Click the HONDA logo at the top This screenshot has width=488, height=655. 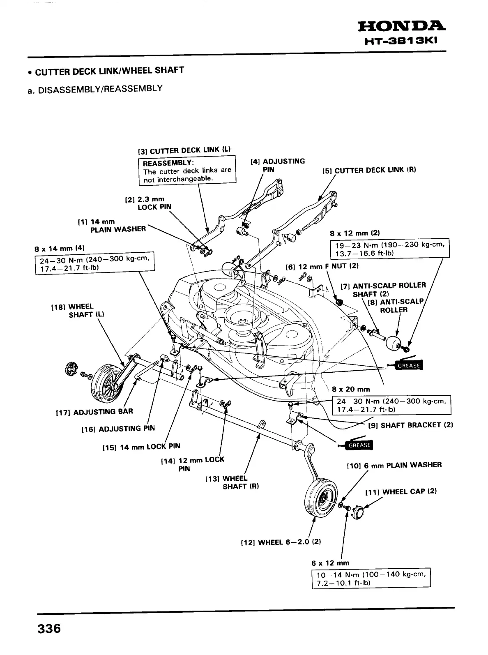403,27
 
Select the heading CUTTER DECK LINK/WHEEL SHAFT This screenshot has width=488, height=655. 109,71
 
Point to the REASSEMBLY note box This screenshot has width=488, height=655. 187,171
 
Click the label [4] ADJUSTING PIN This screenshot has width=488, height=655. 278,165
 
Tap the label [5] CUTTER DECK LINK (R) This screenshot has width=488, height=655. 369,170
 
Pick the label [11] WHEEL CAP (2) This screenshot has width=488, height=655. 401,491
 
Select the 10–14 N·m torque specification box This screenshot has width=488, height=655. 371,579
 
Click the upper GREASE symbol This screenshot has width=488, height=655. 407,365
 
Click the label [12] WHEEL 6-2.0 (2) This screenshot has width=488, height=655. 281,542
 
